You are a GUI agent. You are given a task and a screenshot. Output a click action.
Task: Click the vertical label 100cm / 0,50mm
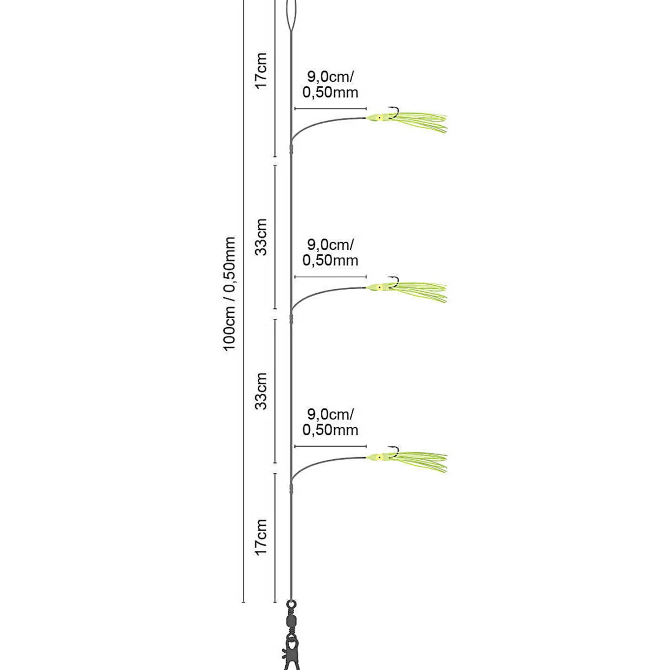tap(230, 294)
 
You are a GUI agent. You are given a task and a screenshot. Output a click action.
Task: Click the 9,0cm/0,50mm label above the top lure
tap(330, 84)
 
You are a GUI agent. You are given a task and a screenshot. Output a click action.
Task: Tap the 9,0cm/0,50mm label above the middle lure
tap(330, 252)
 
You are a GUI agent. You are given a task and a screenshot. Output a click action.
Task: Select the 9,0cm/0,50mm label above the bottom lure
tap(330, 422)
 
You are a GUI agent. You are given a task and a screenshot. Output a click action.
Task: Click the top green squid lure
tap(407, 121)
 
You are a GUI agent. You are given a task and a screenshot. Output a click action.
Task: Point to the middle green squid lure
tap(407, 290)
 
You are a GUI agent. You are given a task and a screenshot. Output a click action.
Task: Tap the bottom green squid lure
tap(407, 460)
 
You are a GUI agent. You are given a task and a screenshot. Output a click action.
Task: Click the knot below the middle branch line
tap(291, 318)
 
